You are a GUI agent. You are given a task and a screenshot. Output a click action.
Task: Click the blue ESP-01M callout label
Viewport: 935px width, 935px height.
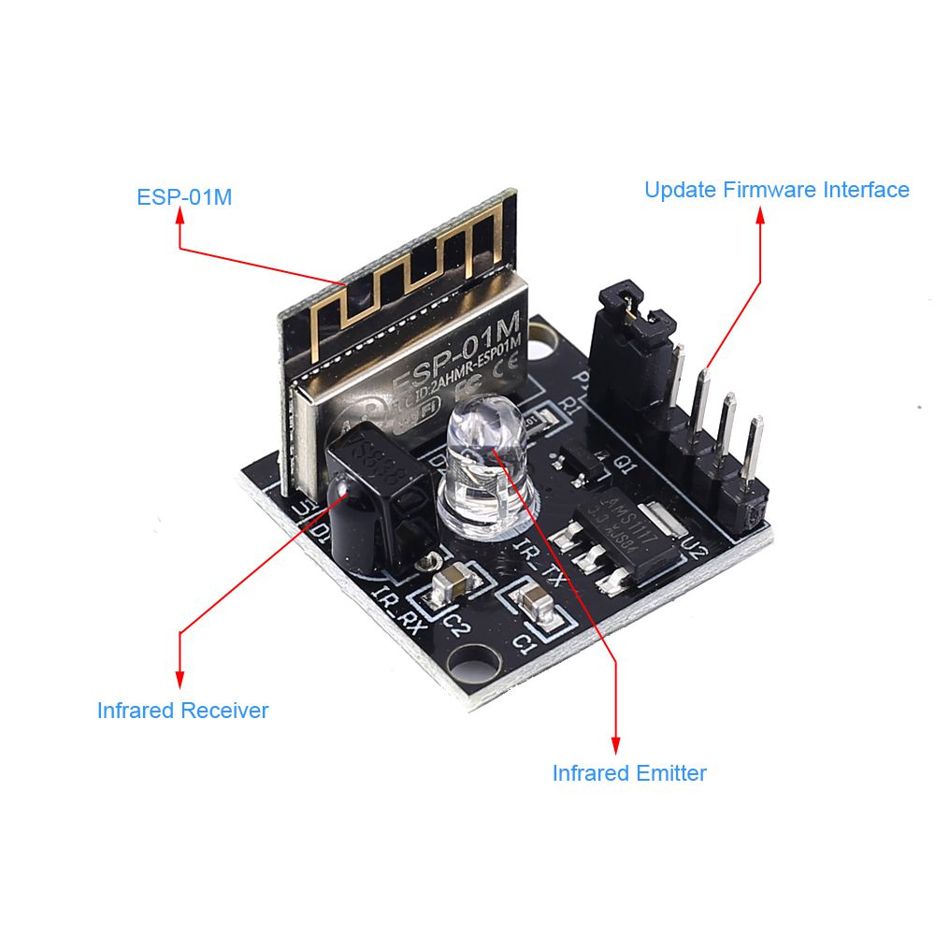[184, 198]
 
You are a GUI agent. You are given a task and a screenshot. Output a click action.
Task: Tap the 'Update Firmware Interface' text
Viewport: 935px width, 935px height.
[776, 190]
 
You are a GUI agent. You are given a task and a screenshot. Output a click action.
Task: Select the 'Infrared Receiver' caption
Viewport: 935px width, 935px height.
[182, 711]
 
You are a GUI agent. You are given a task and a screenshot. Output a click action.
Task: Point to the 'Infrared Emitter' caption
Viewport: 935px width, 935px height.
[629, 773]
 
